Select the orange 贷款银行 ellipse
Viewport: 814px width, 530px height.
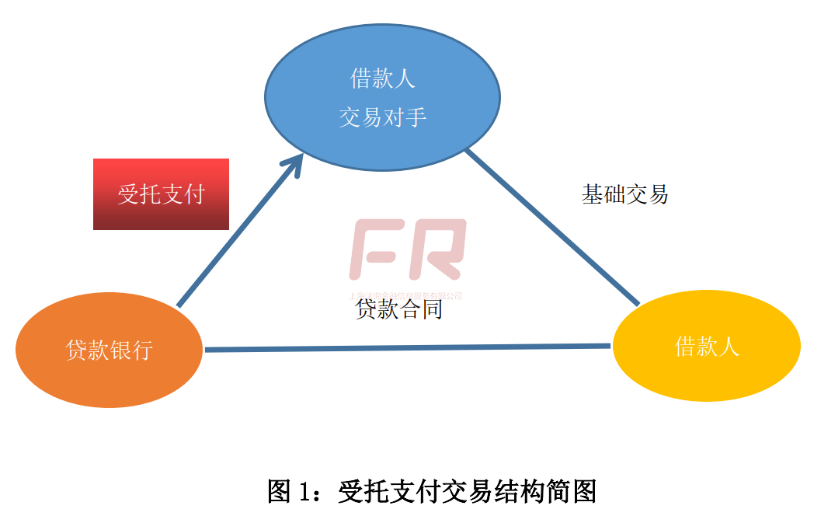tap(109, 350)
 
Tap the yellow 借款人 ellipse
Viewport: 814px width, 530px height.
tap(706, 346)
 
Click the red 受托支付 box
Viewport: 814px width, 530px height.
tap(161, 194)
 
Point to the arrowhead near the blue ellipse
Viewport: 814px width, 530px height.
tap(293, 162)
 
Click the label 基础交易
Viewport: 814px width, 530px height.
tap(624, 194)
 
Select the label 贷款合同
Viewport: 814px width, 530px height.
tap(398, 310)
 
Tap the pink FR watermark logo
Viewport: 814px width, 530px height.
tap(407, 249)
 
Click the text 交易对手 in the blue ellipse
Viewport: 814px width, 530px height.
tap(382, 117)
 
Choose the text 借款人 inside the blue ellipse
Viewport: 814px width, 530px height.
tap(382, 78)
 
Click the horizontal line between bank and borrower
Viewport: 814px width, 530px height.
tap(407, 348)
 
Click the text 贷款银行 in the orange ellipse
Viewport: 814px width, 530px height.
tap(109, 350)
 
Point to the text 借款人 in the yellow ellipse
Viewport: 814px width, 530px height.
tap(706, 346)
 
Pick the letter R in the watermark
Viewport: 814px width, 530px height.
tap(438, 249)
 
